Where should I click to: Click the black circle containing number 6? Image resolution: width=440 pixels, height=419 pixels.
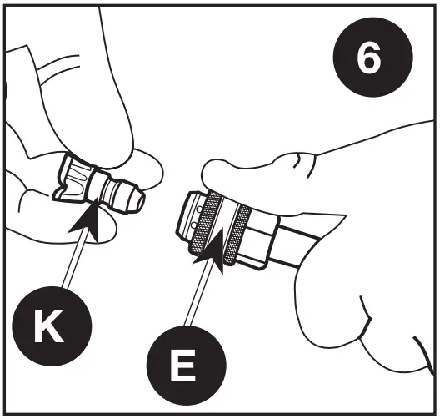pos(372,62)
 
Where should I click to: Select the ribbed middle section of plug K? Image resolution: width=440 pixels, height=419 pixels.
pos(100,188)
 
